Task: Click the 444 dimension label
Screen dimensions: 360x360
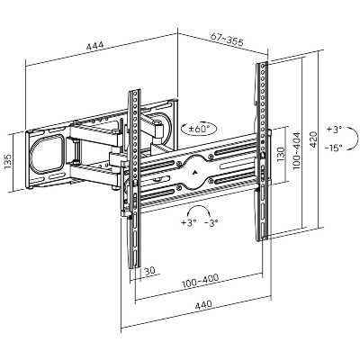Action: coord(94,46)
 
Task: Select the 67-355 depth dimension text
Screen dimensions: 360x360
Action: coord(227,39)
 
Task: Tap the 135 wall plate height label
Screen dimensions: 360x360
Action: coord(8,161)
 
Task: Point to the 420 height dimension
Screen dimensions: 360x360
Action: coord(313,139)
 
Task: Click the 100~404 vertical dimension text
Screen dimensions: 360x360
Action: coord(297,151)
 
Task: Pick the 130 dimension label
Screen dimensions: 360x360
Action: coord(281,155)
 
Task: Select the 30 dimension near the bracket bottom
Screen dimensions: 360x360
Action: coord(149,271)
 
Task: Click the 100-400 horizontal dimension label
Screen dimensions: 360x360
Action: coord(201,281)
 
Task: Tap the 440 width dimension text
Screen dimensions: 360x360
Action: coord(203,304)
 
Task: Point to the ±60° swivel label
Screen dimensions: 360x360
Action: coord(198,130)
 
